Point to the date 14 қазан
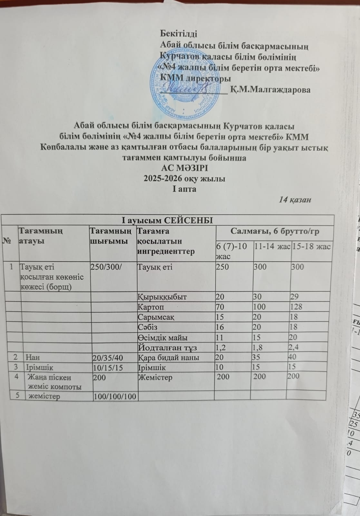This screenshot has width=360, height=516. tap(295, 200)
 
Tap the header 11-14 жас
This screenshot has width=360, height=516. tap(272, 247)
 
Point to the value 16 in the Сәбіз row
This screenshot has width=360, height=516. tap(220, 327)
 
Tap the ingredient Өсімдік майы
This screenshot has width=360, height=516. tap(163, 337)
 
